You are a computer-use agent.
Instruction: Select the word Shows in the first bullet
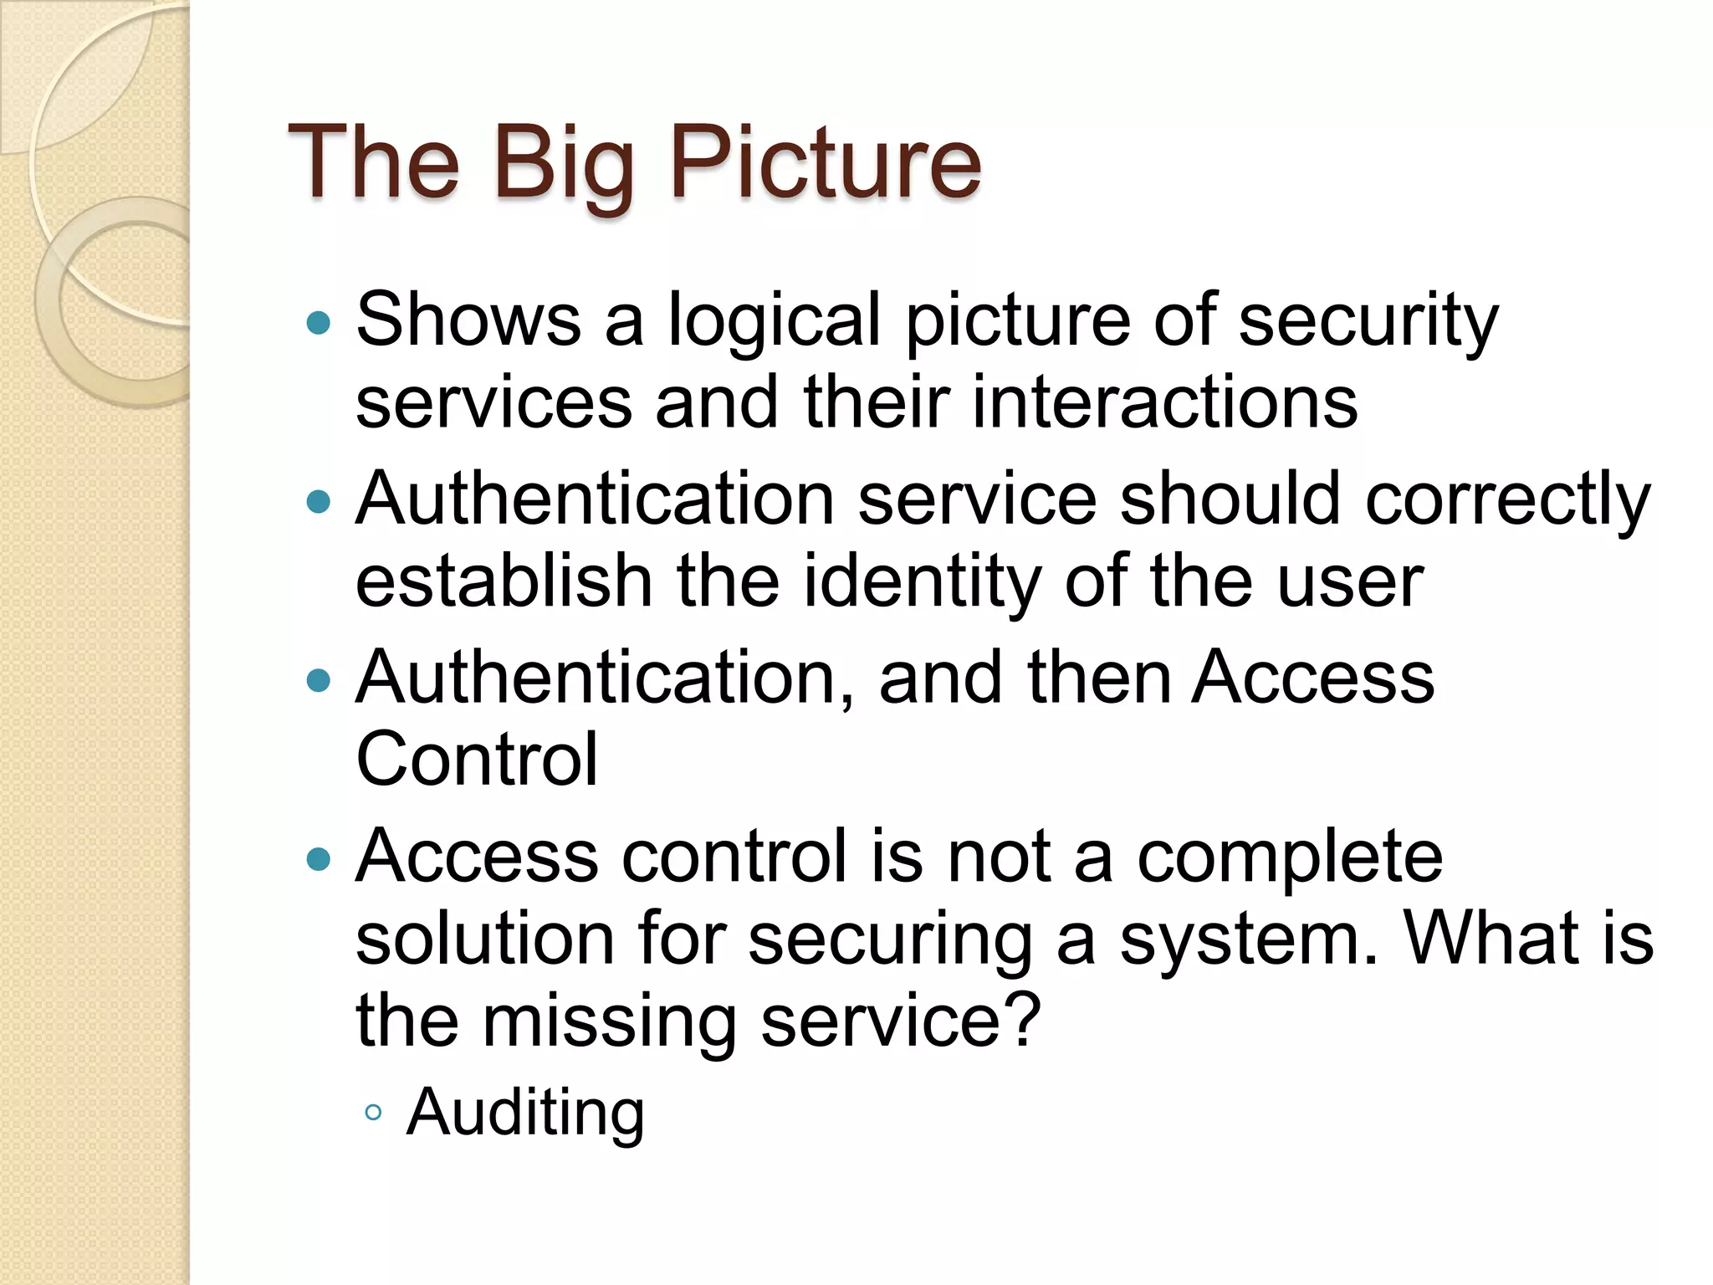pyautogui.click(x=468, y=320)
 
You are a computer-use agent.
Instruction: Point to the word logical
pyautogui.click(x=774, y=320)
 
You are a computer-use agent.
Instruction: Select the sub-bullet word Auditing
pyautogui.click(x=524, y=1113)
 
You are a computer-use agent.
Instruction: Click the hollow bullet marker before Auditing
pyautogui.click(x=373, y=1113)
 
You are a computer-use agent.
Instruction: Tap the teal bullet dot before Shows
pyautogui.click(x=319, y=323)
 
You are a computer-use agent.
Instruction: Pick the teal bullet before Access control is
pyautogui.click(x=319, y=859)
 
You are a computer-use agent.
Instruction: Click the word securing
pyautogui.click(x=890, y=939)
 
